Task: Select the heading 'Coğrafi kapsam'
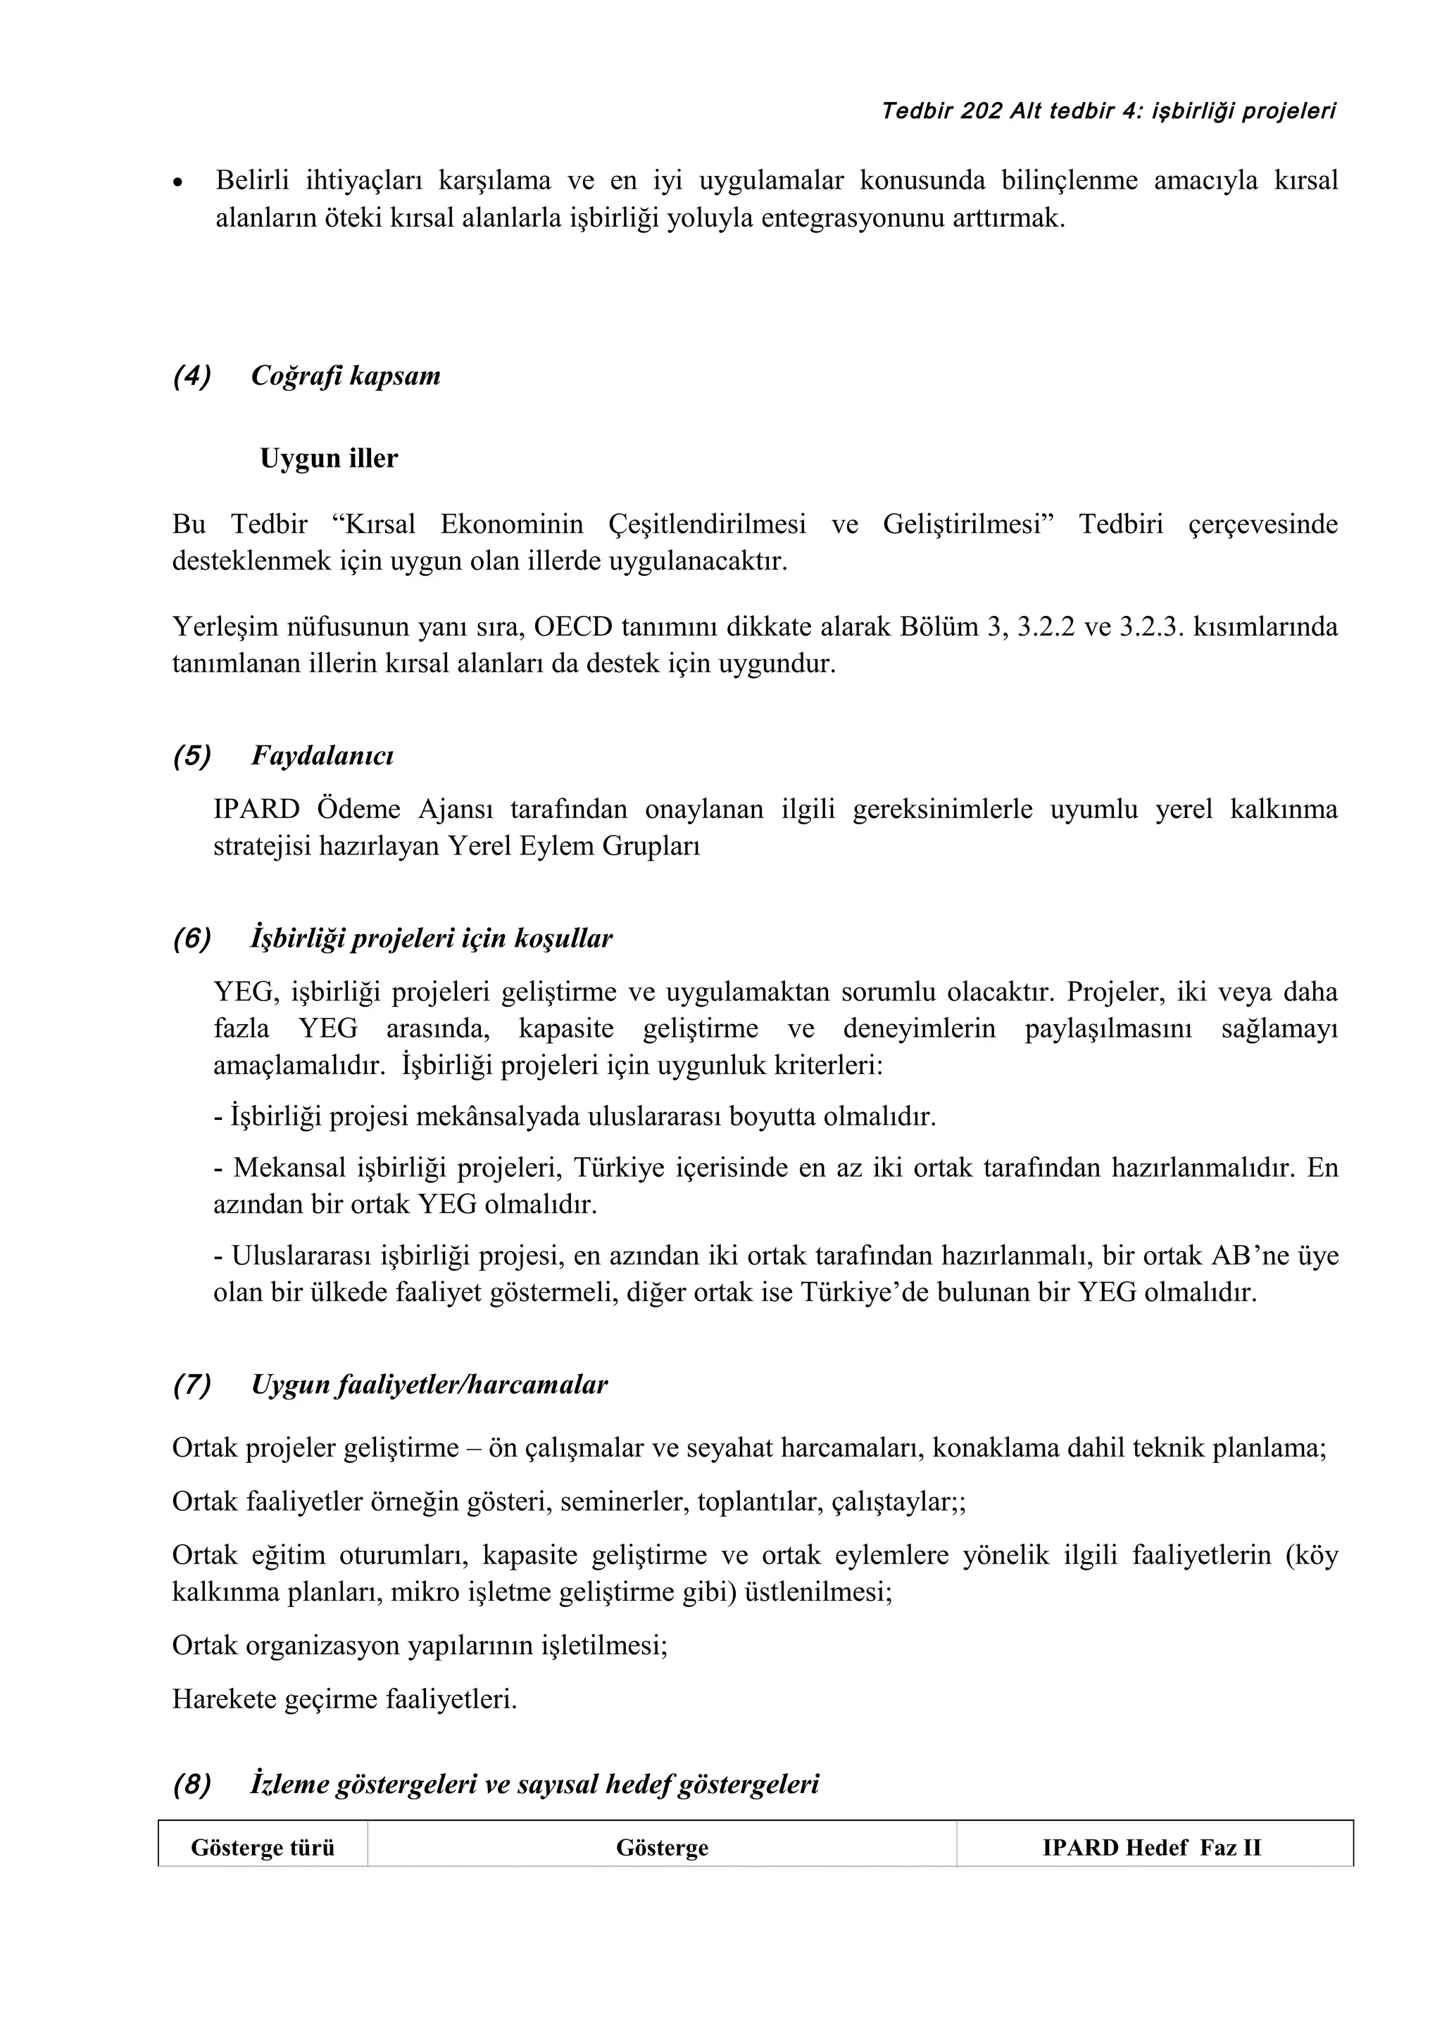point(345,376)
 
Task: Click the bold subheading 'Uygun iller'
point(329,458)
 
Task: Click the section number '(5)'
point(192,755)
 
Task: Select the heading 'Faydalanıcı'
point(322,755)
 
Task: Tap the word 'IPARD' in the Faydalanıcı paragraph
point(257,810)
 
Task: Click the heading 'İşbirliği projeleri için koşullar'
point(432,938)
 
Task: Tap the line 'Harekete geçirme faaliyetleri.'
point(345,1700)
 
